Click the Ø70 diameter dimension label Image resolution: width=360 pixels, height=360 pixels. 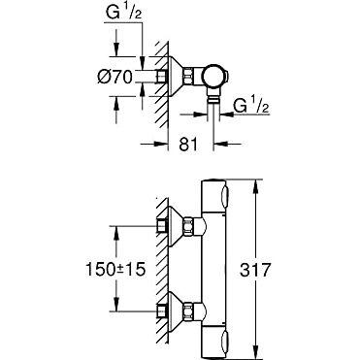coord(115,78)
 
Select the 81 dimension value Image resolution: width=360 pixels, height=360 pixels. coord(188,145)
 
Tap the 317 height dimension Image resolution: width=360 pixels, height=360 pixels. coord(255,270)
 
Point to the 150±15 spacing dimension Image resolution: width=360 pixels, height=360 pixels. coord(115,269)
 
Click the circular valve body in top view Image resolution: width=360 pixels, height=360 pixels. coord(213,77)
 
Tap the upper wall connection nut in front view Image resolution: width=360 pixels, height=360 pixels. coord(188,225)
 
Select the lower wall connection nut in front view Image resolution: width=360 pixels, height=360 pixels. coord(188,311)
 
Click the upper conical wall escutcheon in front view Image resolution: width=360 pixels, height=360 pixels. coord(176,225)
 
